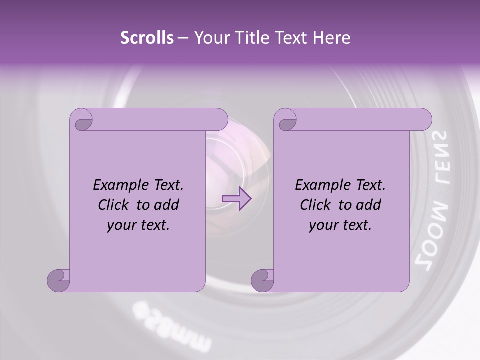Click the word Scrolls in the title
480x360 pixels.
click(x=147, y=38)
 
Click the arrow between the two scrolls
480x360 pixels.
click(x=236, y=198)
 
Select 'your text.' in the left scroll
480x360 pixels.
click(x=138, y=225)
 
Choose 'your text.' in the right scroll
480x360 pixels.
click(x=340, y=225)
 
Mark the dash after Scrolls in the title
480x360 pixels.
click(x=182, y=38)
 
